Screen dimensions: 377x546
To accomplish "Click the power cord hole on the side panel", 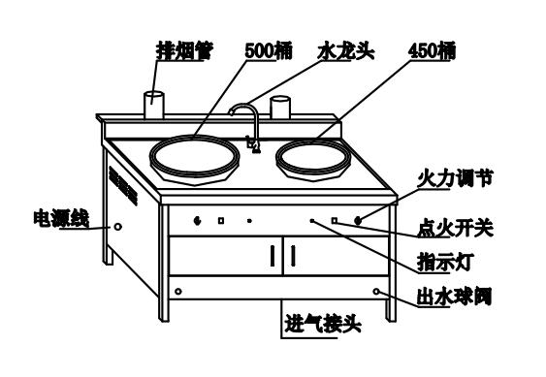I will (118, 227).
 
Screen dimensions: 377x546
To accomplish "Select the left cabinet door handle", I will (273, 257).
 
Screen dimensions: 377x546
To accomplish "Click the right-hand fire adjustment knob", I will (359, 221).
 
